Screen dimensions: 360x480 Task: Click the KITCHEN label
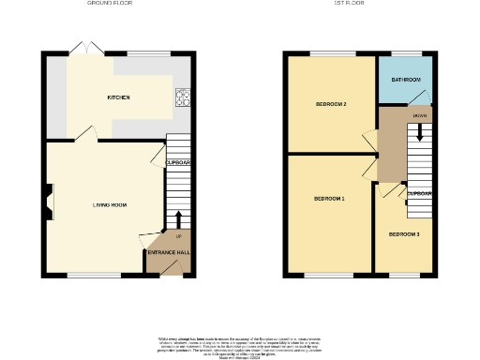(118, 97)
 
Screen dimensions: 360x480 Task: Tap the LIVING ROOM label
(109, 204)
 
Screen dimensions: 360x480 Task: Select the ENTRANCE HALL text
(168, 253)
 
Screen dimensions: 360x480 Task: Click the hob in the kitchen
(182, 97)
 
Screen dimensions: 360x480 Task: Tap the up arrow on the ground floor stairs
(178, 219)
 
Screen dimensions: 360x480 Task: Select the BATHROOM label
(405, 81)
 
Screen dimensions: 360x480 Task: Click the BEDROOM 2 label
(332, 104)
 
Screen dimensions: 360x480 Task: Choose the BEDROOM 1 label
(329, 199)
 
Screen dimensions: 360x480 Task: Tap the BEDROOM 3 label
(404, 233)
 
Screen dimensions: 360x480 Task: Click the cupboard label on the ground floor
(178, 162)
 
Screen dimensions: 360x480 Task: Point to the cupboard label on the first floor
(419, 194)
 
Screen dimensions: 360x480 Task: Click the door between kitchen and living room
(85, 137)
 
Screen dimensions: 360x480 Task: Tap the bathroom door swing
(424, 97)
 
